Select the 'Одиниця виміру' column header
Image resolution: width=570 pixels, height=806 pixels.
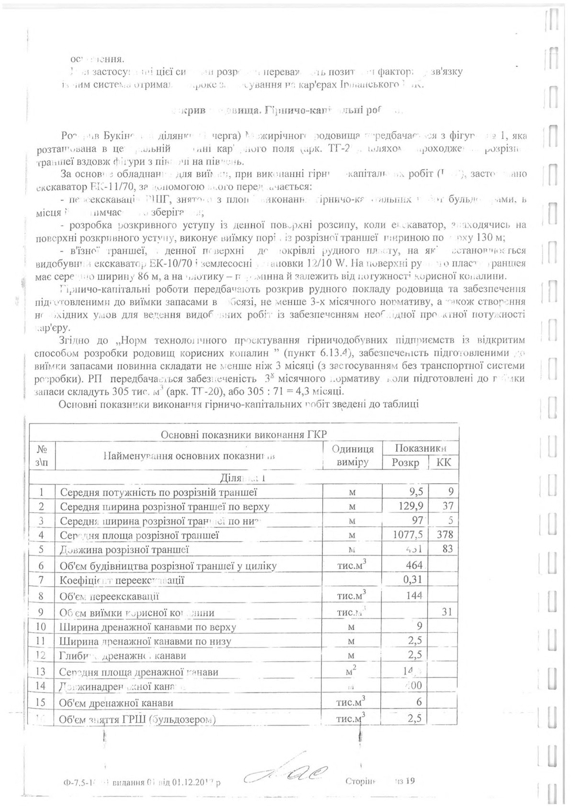353,455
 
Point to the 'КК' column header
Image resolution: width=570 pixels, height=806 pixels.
444,463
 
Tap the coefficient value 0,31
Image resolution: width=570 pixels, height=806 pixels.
413,580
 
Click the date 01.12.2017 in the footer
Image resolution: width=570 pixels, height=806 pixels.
197,783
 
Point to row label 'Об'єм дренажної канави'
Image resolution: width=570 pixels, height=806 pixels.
115,703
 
